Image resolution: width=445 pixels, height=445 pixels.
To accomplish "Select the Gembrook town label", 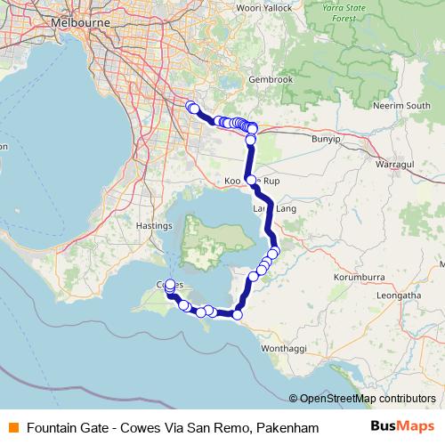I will tap(271, 79).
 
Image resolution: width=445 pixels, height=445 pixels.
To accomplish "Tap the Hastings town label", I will tap(154, 226).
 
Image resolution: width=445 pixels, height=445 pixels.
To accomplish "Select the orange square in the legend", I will tap(12, 428).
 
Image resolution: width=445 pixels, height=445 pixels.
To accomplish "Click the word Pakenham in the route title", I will tap(287, 428).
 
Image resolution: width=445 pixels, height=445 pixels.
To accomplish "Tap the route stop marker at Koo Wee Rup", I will tap(251, 181).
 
